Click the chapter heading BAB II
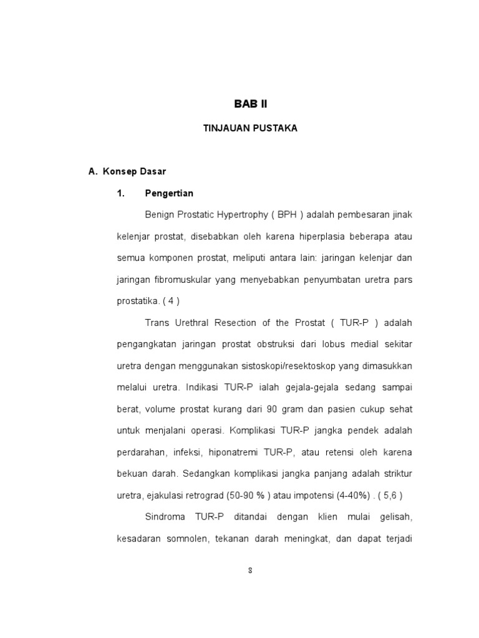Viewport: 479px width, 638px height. [249, 103]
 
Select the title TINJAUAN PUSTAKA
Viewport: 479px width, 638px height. [250, 128]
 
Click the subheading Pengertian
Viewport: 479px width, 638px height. [169, 193]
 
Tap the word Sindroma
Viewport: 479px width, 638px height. [165, 517]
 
